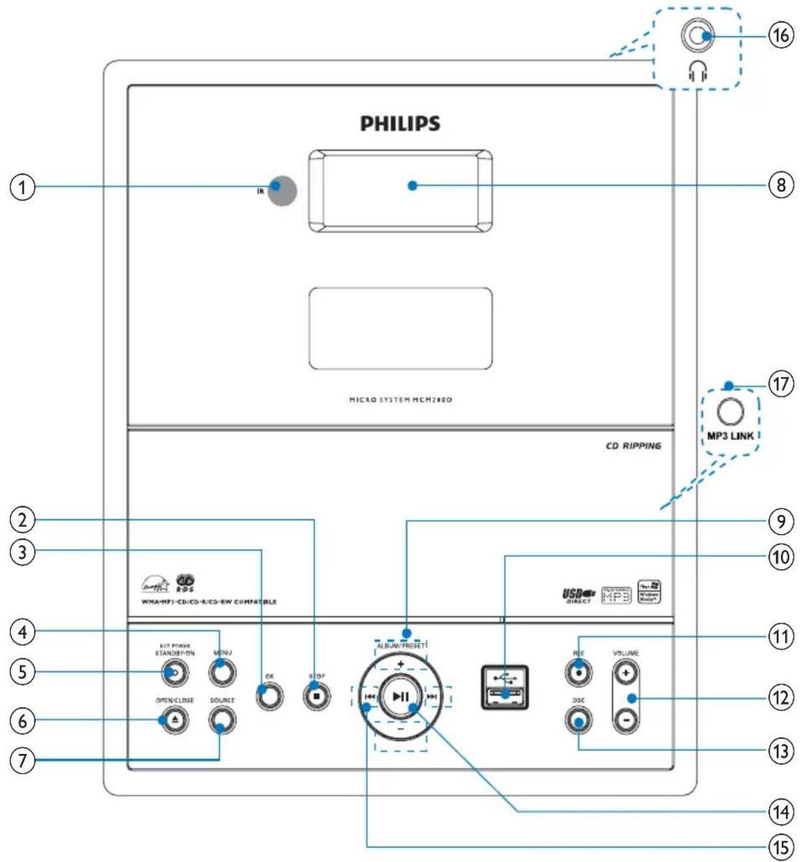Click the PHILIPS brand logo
pyautogui.click(x=400, y=123)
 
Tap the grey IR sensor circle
pyautogui.click(x=282, y=190)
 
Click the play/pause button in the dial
pyautogui.click(x=401, y=697)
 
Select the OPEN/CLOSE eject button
pyautogui.click(x=175, y=720)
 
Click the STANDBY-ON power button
pyautogui.click(x=175, y=673)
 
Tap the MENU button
pyautogui.click(x=222, y=673)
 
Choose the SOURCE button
pyautogui.click(x=222, y=720)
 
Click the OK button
pyautogui.click(x=270, y=696)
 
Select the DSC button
pyautogui.click(x=578, y=721)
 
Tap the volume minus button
pyautogui.click(x=626, y=721)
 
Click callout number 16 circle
pyautogui.click(x=781, y=36)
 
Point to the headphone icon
pyautogui.click(x=697, y=73)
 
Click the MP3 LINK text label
pyautogui.click(x=730, y=435)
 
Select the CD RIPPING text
pyautogui.click(x=633, y=446)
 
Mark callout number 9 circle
pyautogui.click(x=781, y=521)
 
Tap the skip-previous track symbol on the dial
pyautogui.click(x=370, y=697)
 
